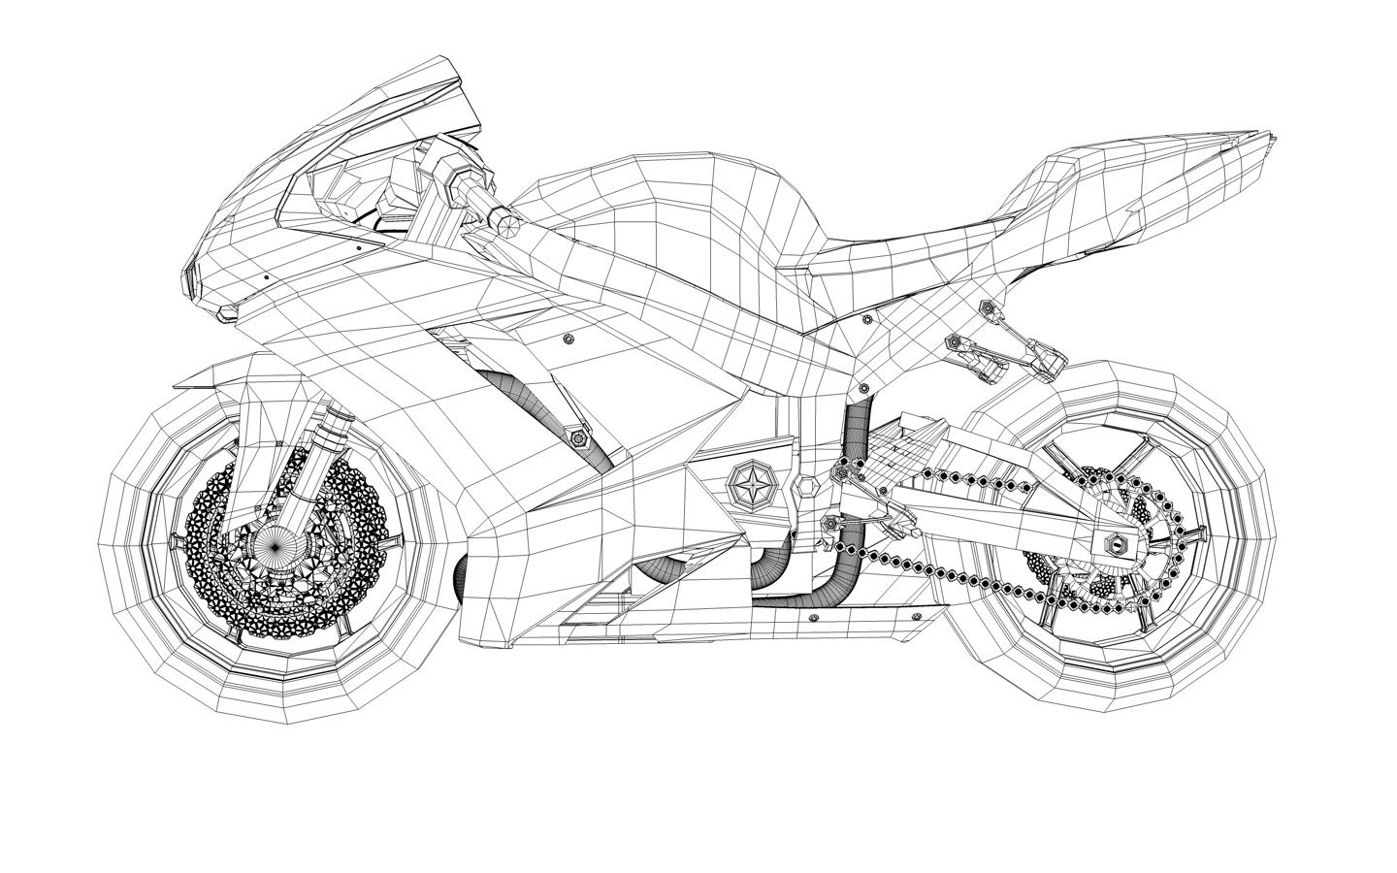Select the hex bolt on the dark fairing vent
(579, 438)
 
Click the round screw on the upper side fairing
(568, 339)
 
